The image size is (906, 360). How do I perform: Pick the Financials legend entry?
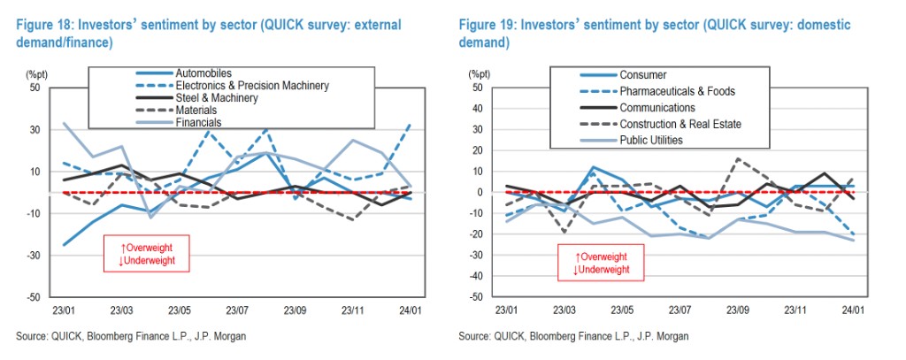pos(198,123)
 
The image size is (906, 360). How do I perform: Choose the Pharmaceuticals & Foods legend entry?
pos(678,91)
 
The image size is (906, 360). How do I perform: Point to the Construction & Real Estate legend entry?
pos(680,124)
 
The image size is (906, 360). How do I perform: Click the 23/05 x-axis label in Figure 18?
pos(180,310)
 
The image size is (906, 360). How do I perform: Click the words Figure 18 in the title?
pos(42,25)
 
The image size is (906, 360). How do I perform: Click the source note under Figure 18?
pos(130,337)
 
